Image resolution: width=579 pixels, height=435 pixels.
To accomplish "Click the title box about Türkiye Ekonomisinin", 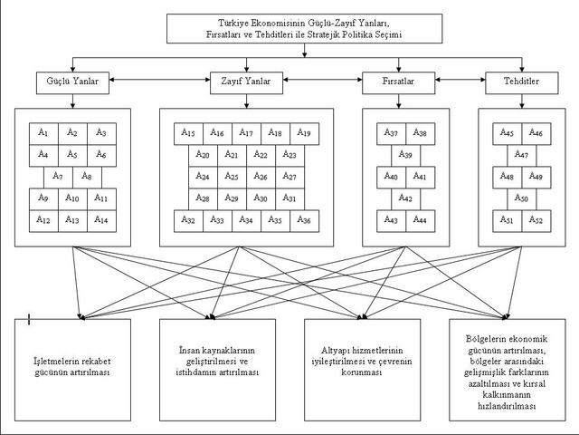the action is (x=304, y=29).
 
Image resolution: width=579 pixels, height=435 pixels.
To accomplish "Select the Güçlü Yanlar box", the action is (x=72, y=82).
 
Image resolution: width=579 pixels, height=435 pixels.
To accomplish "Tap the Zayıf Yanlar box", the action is (x=246, y=82).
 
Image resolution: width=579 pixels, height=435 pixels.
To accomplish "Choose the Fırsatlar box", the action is (x=398, y=82).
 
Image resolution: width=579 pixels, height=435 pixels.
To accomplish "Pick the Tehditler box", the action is (x=522, y=82).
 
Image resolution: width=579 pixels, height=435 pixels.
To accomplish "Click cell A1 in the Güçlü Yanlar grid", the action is (x=43, y=133).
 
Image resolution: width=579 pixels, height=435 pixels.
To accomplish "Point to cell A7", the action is (x=58, y=178).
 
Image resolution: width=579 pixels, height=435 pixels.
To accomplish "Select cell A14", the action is (x=101, y=221).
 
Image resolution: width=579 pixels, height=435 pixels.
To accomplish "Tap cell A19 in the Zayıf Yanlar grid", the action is (x=305, y=133).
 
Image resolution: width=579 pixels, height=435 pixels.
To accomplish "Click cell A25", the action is (x=232, y=178).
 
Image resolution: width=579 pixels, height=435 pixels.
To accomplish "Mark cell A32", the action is (x=188, y=221).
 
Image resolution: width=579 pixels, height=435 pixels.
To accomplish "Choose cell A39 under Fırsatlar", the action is (x=406, y=155).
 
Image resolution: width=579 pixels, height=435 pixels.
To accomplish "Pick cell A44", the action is (x=420, y=221).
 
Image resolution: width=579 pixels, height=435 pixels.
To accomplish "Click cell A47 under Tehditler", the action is (x=522, y=155).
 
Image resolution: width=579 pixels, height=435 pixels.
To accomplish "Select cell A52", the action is (x=536, y=221).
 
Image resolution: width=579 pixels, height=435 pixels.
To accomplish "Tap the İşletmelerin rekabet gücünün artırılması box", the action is (x=72, y=370).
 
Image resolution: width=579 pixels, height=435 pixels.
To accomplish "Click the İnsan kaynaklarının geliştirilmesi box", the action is (x=217, y=370).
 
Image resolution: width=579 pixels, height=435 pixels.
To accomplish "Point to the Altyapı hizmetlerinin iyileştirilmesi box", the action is (x=362, y=370).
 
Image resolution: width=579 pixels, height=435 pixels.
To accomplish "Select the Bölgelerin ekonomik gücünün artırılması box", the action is (x=508, y=370).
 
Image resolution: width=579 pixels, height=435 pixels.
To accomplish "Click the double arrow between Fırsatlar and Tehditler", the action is (x=460, y=80).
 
